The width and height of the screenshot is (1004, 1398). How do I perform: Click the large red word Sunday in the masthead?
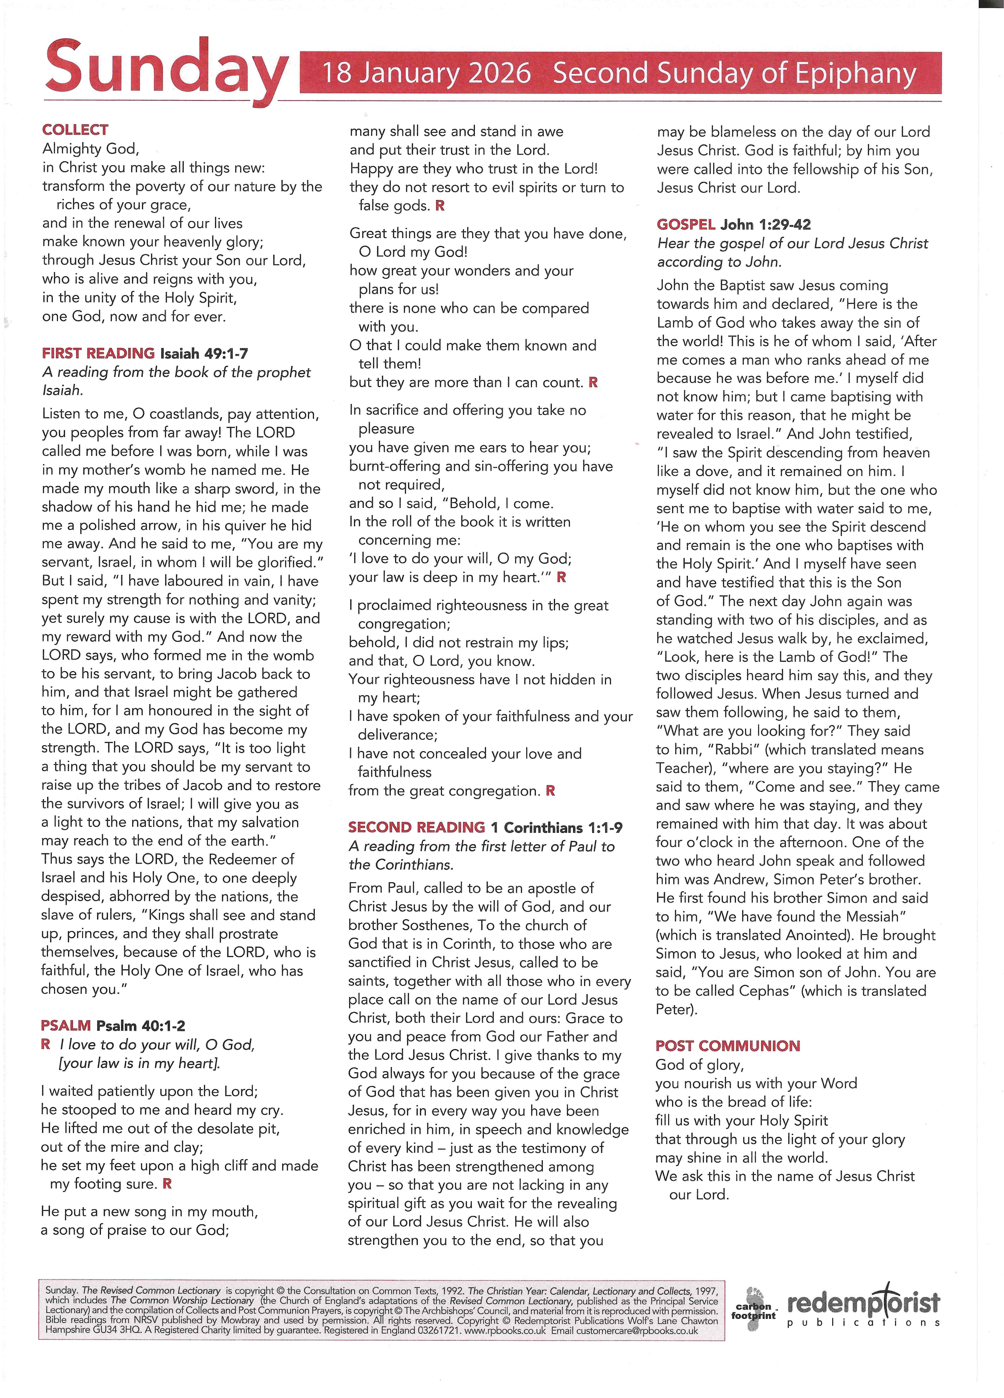(165, 69)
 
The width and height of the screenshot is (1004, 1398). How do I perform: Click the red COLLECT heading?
(75, 130)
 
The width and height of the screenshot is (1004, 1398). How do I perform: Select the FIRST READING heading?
(98, 353)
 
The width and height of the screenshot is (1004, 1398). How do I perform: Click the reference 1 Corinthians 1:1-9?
(556, 827)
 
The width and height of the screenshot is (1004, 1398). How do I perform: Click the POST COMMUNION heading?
(728, 1045)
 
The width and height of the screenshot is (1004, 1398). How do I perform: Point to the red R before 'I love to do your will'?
(46, 1044)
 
